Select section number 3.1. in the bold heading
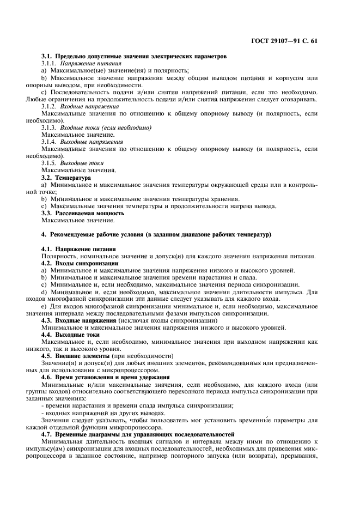[x=48, y=57]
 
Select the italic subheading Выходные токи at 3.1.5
[x=82, y=163]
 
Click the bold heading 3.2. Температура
[x=66, y=178]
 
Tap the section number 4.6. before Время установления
[x=48, y=377]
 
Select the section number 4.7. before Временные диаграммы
[x=48, y=434]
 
